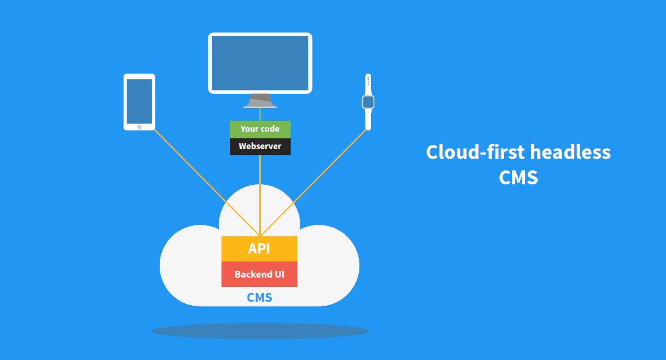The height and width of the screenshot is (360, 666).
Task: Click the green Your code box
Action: (260, 129)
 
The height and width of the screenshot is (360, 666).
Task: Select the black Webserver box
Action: (260, 146)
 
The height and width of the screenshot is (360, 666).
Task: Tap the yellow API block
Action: (259, 249)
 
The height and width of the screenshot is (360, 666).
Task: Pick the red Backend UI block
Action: (259, 274)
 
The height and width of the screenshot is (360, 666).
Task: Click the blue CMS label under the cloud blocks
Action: (259, 297)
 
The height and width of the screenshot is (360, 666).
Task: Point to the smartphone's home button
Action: (139, 127)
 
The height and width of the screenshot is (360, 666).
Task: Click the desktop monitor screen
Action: (260, 63)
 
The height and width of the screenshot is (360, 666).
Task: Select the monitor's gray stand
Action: (260, 101)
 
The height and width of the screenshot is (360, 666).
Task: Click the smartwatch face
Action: (368, 102)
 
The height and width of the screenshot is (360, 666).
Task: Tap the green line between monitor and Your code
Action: (260, 114)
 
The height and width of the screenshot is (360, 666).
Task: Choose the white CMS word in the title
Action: (519, 177)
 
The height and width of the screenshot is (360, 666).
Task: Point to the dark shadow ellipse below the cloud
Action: (260, 331)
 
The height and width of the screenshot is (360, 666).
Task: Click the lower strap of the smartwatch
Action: (368, 119)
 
